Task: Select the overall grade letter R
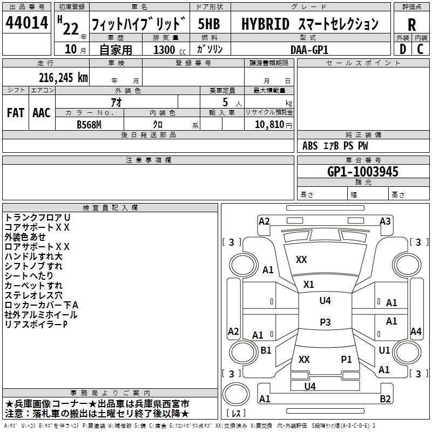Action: pos(411,24)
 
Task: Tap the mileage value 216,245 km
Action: pos(63,77)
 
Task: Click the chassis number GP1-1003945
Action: pos(363,172)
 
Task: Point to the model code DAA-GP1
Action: pos(309,49)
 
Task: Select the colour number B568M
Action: pos(90,124)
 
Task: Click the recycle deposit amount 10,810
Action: pos(268,124)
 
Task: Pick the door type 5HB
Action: pos(208,24)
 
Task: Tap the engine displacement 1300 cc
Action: pos(164,50)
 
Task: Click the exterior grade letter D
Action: pos(402,49)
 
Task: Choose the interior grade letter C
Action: pos(421,49)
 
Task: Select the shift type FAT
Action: pos(16,113)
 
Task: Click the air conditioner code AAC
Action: pos(41,113)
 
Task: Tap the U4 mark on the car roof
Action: pos(325,301)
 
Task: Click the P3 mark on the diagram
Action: pos(325,322)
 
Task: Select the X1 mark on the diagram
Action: pos(309,284)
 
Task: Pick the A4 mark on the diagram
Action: pos(416,332)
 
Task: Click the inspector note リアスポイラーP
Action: pos(36,325)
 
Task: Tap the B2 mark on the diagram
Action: pos(385,399)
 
